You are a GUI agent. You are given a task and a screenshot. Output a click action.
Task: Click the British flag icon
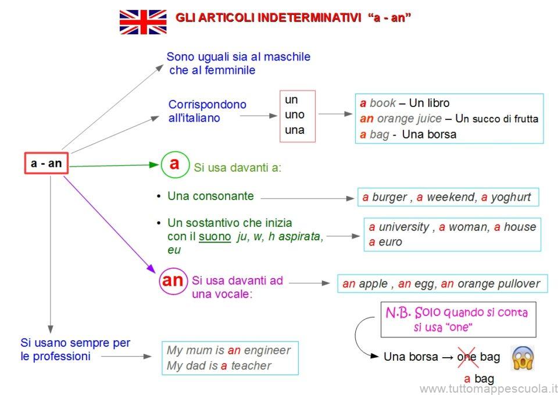(x=143, y=22)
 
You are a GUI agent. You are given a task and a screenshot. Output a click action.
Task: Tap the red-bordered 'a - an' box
(x=46, y=163)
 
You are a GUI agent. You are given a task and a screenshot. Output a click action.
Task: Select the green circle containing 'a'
(x=175, y=165)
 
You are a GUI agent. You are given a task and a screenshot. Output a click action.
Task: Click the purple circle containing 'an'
(x=173, y=281)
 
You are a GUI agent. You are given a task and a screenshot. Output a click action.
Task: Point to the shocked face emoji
(x=523, y=358)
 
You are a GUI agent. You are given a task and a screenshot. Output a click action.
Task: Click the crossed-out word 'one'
(x=467, y=357)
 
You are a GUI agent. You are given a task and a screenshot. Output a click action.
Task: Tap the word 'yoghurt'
(x=511, y=197)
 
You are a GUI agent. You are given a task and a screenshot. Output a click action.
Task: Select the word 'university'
(x=404, y=227)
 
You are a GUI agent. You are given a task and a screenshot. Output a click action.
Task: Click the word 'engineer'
(x=267, y=351)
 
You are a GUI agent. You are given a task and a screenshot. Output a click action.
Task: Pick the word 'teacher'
(x=251, y=366)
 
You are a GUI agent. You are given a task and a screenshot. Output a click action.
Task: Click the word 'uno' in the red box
(x=295, y=115)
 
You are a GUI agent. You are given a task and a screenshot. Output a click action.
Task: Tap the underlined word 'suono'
(x=214, y=237)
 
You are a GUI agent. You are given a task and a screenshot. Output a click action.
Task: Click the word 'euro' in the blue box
(x=391, y=242)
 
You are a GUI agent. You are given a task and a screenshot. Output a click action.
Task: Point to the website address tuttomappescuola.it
(x=488, y=388)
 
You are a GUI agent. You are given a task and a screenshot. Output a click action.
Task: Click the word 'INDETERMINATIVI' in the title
(x=309, y=17)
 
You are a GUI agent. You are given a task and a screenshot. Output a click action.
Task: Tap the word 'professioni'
(x=61, y=357)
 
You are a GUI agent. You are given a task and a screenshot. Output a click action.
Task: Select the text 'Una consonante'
(x=210, y=196)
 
